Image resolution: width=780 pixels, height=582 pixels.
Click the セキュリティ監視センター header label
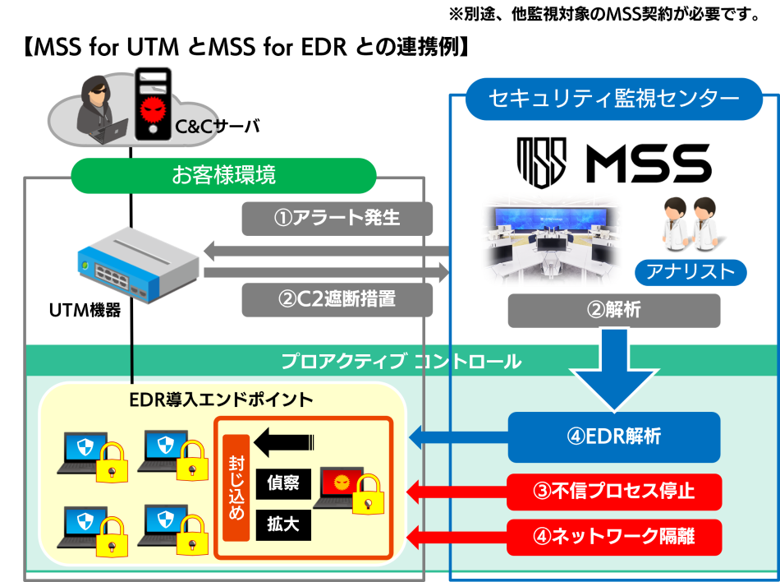click(614, 99)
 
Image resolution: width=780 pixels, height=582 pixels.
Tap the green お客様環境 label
click(223, 175)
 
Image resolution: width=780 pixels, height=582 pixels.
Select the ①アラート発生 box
click(337, 219)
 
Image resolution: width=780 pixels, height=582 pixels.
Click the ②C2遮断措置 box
click(337, 299)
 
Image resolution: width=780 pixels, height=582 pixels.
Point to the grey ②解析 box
click(613, 311)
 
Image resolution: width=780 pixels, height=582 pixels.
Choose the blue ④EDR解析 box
click(613, 437)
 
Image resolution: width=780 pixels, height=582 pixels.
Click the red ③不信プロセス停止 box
click(613, 492)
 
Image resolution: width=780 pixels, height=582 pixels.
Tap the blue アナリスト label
click(691, 272)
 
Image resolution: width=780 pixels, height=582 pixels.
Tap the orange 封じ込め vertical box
click(236, 488)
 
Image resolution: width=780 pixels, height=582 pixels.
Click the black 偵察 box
click(283, 484)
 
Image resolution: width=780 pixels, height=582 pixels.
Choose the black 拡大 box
click(283, 524)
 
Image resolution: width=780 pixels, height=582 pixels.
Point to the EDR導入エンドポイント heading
click(222, 400)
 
